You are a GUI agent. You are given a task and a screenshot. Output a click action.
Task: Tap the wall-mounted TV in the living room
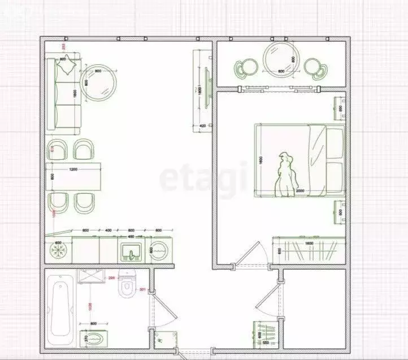click(207, 89)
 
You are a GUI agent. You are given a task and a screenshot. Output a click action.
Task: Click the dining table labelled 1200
click(74, 177)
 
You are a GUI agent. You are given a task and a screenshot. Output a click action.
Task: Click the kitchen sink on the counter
click(131, 251)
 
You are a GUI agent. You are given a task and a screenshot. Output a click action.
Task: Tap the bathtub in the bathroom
click(60, 312)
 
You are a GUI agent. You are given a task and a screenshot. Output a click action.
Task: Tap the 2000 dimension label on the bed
click(300, 191)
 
